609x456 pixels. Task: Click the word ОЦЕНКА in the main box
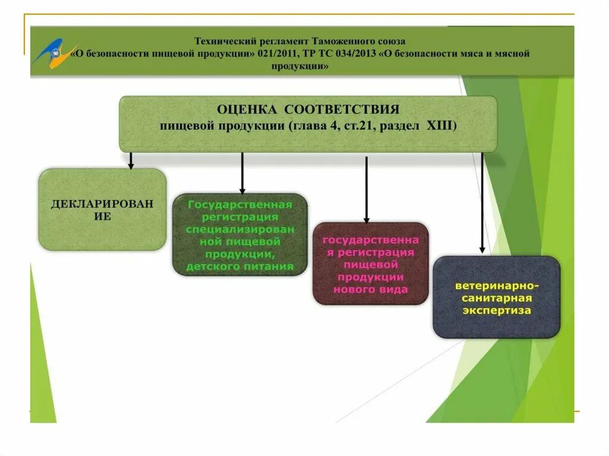point(246,109)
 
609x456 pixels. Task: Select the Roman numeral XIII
point(440,126)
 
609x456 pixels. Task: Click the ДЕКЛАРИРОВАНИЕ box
point(102,209)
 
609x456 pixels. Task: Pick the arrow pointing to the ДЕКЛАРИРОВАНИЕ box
point(130,161)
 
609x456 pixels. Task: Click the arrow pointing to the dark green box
point(242,172)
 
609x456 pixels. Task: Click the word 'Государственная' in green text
point(240,205)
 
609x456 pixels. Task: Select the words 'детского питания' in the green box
point(240,266)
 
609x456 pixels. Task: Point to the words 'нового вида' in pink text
point(370,290)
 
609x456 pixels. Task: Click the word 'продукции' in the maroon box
point(370,277)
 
